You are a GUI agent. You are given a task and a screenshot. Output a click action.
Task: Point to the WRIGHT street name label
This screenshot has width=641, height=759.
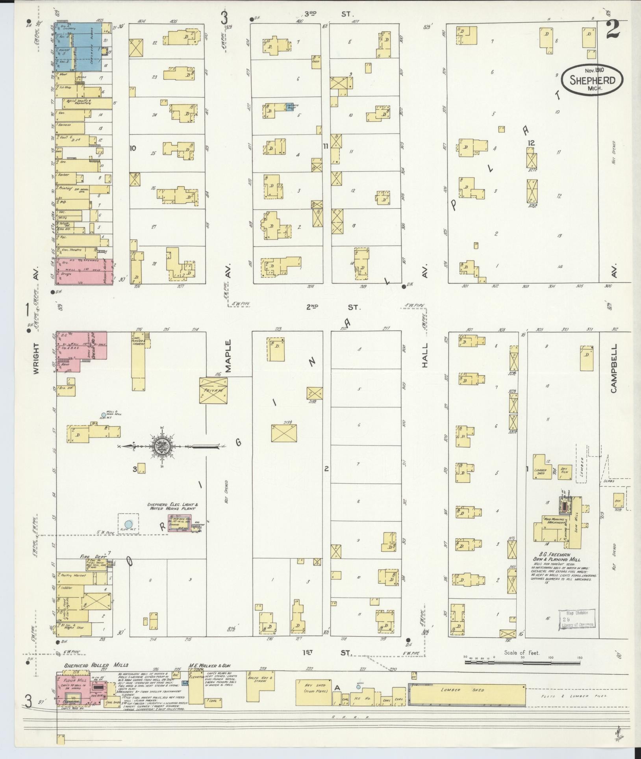click(37, 358)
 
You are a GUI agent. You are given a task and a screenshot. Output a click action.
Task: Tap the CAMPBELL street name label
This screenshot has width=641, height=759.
click(614, 369)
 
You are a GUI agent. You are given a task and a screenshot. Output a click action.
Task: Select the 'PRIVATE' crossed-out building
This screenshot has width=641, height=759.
click(213, 390)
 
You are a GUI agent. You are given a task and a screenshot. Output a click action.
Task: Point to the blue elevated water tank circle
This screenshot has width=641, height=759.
click(128, 524)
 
